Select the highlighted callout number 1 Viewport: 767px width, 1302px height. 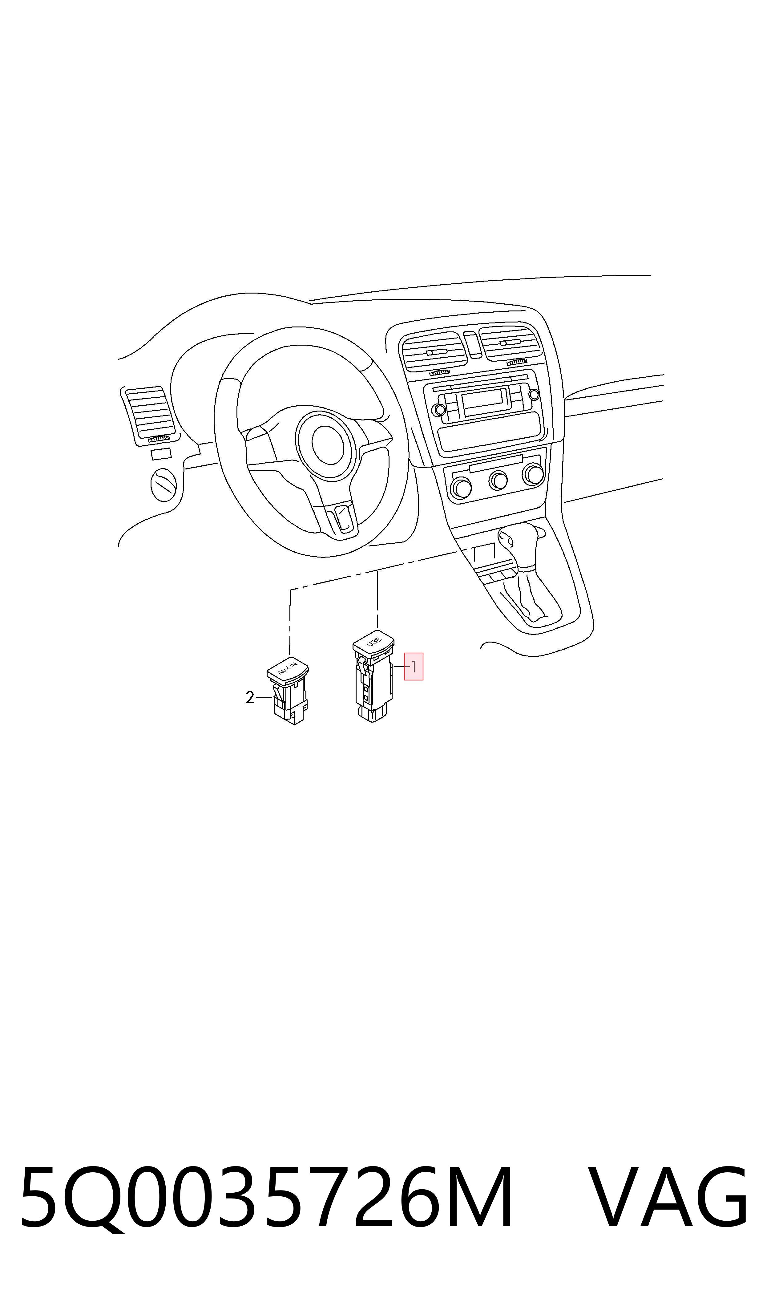click(414, 667)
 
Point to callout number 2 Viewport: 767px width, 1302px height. click(250, 698)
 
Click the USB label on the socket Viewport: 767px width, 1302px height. click(373, 642)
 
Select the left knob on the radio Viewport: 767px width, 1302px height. click(440, 410)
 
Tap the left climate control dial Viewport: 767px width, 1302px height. click(461, 488)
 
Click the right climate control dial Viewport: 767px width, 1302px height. click(533, 474)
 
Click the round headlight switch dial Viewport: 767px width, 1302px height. click(163, 485)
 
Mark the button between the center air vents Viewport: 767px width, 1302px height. click(472, 344)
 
